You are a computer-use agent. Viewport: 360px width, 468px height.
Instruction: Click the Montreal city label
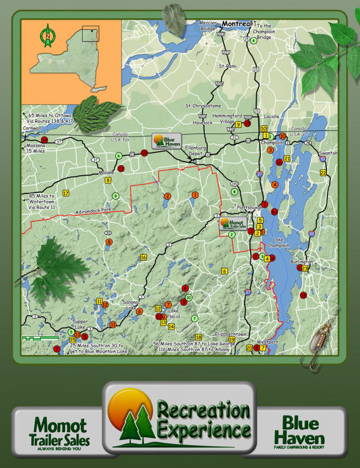[x=236, y=24]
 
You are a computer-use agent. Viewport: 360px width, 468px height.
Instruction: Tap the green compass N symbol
[x=47, y=35]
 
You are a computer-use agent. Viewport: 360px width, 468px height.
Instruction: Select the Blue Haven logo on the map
[x=166, y=140]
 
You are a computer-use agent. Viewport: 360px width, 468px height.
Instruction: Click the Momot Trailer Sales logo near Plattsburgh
[x=233, y=223]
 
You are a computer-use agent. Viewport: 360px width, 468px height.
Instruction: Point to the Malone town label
[x=107, y=172]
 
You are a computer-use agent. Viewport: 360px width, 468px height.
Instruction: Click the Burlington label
[x=301, y=261]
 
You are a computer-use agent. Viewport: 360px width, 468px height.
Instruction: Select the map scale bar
[x=42, y=338]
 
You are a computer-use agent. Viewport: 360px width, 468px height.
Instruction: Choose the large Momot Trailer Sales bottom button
[x=59, y=431]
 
